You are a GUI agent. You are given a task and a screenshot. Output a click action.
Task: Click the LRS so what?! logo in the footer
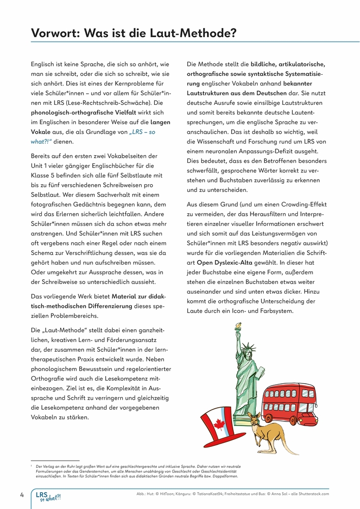tap(48, 496)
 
